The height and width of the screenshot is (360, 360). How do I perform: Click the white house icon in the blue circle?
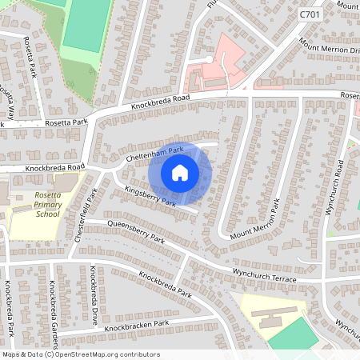click(x=179, y=172)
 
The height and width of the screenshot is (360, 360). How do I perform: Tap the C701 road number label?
click(x=310, y=14)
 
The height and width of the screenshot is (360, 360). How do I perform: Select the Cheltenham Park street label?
click(x=155, y=152)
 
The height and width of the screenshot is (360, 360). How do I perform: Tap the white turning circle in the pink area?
click(x=210, y=59)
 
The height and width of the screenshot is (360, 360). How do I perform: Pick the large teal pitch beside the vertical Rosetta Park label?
click(x=86, y=24)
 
